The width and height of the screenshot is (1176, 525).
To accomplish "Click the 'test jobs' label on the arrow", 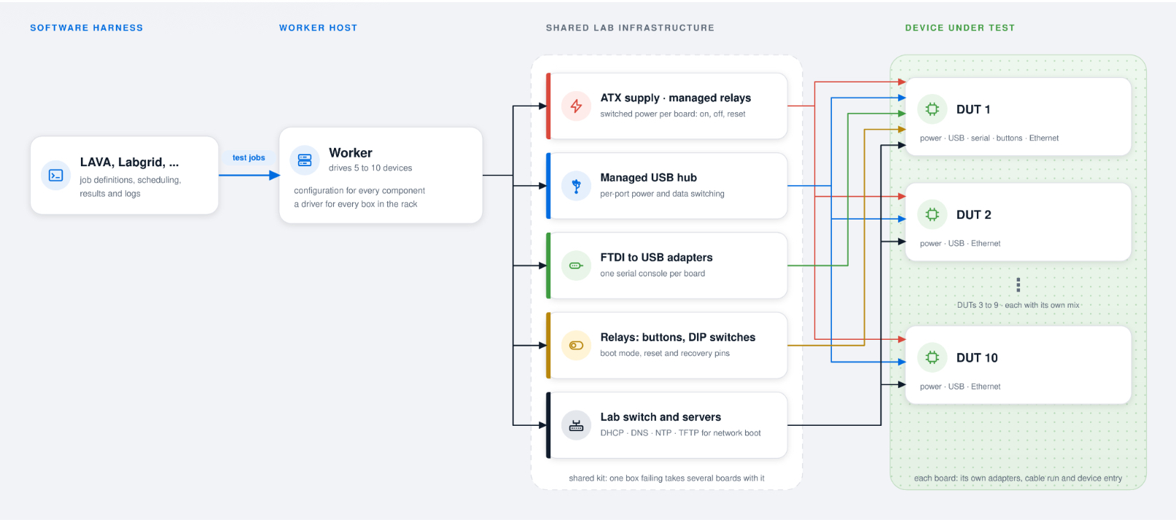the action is point(249,157).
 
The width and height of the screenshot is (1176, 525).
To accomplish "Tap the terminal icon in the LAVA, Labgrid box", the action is point(55,175).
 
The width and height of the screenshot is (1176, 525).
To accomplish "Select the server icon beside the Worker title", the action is point(305,160).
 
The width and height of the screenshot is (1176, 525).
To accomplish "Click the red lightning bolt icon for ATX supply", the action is point(576,106).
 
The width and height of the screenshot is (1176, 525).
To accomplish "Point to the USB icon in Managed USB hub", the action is point(576,186).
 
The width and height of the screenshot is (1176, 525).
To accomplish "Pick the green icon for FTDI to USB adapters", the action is point(576,265).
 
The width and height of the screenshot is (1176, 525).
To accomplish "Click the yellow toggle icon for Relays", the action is point(576,346).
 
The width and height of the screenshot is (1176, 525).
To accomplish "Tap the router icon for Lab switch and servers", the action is point(576,425).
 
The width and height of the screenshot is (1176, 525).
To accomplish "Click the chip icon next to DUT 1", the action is point(932,109).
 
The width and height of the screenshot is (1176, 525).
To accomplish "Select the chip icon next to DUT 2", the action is point(932,214).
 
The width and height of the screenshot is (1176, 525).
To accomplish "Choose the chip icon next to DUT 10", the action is point(932,357).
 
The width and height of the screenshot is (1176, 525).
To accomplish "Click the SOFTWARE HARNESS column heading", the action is point(87,28).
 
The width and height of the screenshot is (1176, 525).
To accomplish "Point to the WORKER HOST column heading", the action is point(318,28).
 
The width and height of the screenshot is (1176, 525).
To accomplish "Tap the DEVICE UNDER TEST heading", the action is point(959,28).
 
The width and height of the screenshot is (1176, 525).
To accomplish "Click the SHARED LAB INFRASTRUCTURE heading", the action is point(630,28).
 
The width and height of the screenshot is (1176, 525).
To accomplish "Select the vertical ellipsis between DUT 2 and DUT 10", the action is point(1018,284).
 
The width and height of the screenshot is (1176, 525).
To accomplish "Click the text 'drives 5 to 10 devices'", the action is point(370,168).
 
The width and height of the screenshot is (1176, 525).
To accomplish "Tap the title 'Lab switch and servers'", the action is point(661,417).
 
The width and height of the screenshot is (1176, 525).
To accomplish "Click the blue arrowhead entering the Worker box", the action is point(274,175).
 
